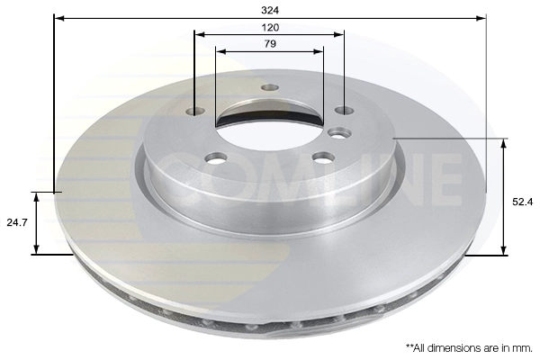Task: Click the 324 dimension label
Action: (270, 10)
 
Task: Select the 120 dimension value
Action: (270, 27)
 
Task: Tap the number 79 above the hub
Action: (270, 44)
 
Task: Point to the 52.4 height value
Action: (522, 202)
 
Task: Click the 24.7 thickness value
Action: (17, 222)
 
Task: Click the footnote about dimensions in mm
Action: (470, 348)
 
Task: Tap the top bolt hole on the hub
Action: (270, 87)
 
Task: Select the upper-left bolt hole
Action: (195, 111)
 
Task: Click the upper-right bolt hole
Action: (345, 111)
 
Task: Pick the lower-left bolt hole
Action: (216, 158)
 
